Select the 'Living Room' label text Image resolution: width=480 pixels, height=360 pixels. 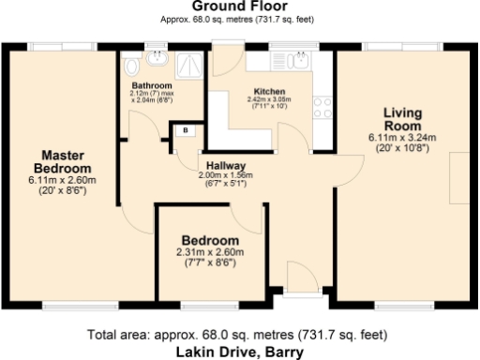[402, 119]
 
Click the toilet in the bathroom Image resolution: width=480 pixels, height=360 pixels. [131, 66]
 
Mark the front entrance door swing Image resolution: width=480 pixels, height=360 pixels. [301, 278]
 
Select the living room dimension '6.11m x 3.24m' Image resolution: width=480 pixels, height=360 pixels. [402, 137]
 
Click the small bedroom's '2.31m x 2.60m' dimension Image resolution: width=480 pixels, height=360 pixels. [210, 252]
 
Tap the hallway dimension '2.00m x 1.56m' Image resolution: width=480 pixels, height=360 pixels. [227, 174]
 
